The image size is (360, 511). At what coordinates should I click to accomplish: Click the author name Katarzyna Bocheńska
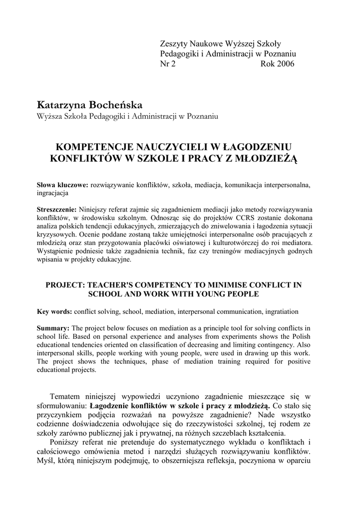pyautogui.click(x=90, y=105)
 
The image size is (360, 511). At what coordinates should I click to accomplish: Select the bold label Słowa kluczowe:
pyautogui.click(x=62, y=184)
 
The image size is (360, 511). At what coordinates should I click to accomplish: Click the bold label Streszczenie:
pyautogui.click(x=57, y=209)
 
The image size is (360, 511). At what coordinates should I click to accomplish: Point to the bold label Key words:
pyautogui.click(x=54, y=311)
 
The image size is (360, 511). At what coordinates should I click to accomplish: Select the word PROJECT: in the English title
pyautogui.click(x=65, y=285)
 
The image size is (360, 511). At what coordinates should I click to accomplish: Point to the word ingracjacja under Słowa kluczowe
pyautogui.click(x=53, y=192)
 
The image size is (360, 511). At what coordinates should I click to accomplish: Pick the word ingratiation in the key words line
pyautogui.click(x=281, y=311)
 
